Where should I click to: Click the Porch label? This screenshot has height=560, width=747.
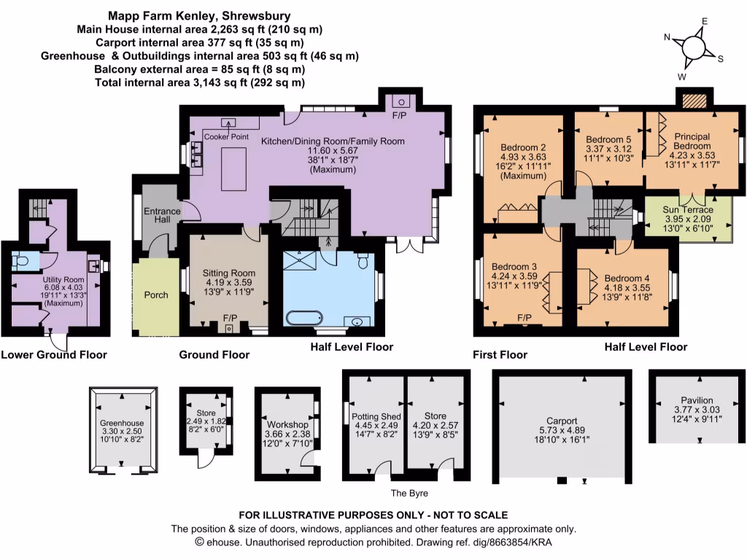pos(156,295)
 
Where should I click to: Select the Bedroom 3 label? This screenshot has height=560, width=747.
pos(514,266)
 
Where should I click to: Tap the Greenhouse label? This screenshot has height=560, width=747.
pos(122,423)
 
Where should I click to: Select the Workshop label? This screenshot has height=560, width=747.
pos(286,424)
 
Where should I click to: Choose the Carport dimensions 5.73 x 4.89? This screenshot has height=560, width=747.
pos(560,430)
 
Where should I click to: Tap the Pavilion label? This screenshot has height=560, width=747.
pos(697,400)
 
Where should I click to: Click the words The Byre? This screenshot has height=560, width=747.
pos(408,494)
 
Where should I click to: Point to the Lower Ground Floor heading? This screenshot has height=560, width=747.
pos(54,355)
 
